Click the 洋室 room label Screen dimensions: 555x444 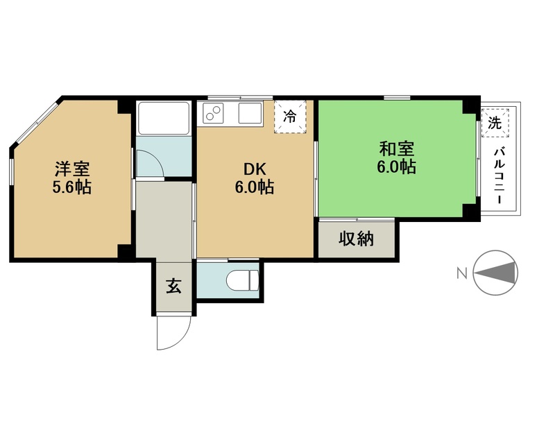pyautogui.click(x=72, y=169)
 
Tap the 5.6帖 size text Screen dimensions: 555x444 pyautogui.click(x=72, y=187)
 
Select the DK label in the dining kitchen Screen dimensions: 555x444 pyautogui.click(x=255, y=169)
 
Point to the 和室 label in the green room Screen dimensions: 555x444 pyautogui.click(x=396, y=148)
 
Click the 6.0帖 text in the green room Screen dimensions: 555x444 pyautogui.click(x=396, y=166)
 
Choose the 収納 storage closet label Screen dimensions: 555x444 pyautogui.click(x=356, y=239)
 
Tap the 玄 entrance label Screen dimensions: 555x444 pyautogui.click(x=174, y=286)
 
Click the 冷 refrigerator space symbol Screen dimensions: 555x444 pyautogui.click(x=290, y=116)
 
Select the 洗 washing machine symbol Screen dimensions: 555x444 pyautogui.click(x=495, y=123)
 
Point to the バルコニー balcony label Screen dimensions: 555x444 pyautogui.click(x=499, y=176)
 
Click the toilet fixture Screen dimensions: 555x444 pyautogui.click(x=242, y=280)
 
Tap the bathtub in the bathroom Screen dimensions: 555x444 pyautogui.click(x=164, y=118)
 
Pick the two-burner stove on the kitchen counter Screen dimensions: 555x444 pyautogui.click(x=212, y=112)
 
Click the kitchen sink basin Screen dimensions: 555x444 pyautogui.click(x=250, y=112)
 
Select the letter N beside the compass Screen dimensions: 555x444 pyautogui.click(x=462, y=273)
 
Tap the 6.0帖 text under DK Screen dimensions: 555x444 pyautogui.click(x=255, y=187)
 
